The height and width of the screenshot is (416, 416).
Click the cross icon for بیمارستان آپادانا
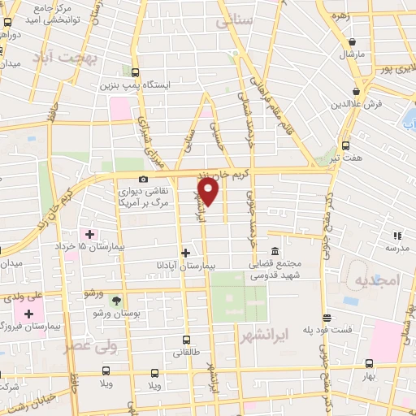[x=186, y=253]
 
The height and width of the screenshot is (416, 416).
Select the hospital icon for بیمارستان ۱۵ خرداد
[x=90, y=234]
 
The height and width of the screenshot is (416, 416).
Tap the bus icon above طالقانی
[x=187, y=340]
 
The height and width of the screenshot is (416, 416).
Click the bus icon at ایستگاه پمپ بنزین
[x=135, y=72]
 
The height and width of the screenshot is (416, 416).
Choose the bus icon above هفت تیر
[x=346, y=146]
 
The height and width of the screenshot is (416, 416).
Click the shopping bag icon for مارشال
[x=353, y=41]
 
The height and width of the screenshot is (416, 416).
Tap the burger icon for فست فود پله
[x=327, y=318]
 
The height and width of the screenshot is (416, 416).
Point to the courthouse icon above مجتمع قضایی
[x=275, y=250]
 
